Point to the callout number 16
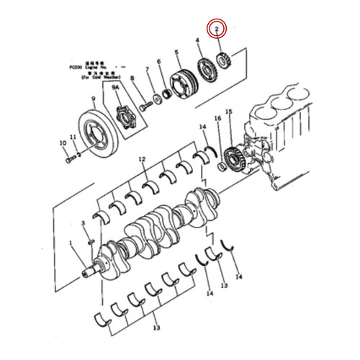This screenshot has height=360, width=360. point(217,117)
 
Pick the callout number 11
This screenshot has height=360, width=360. point(72,137)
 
